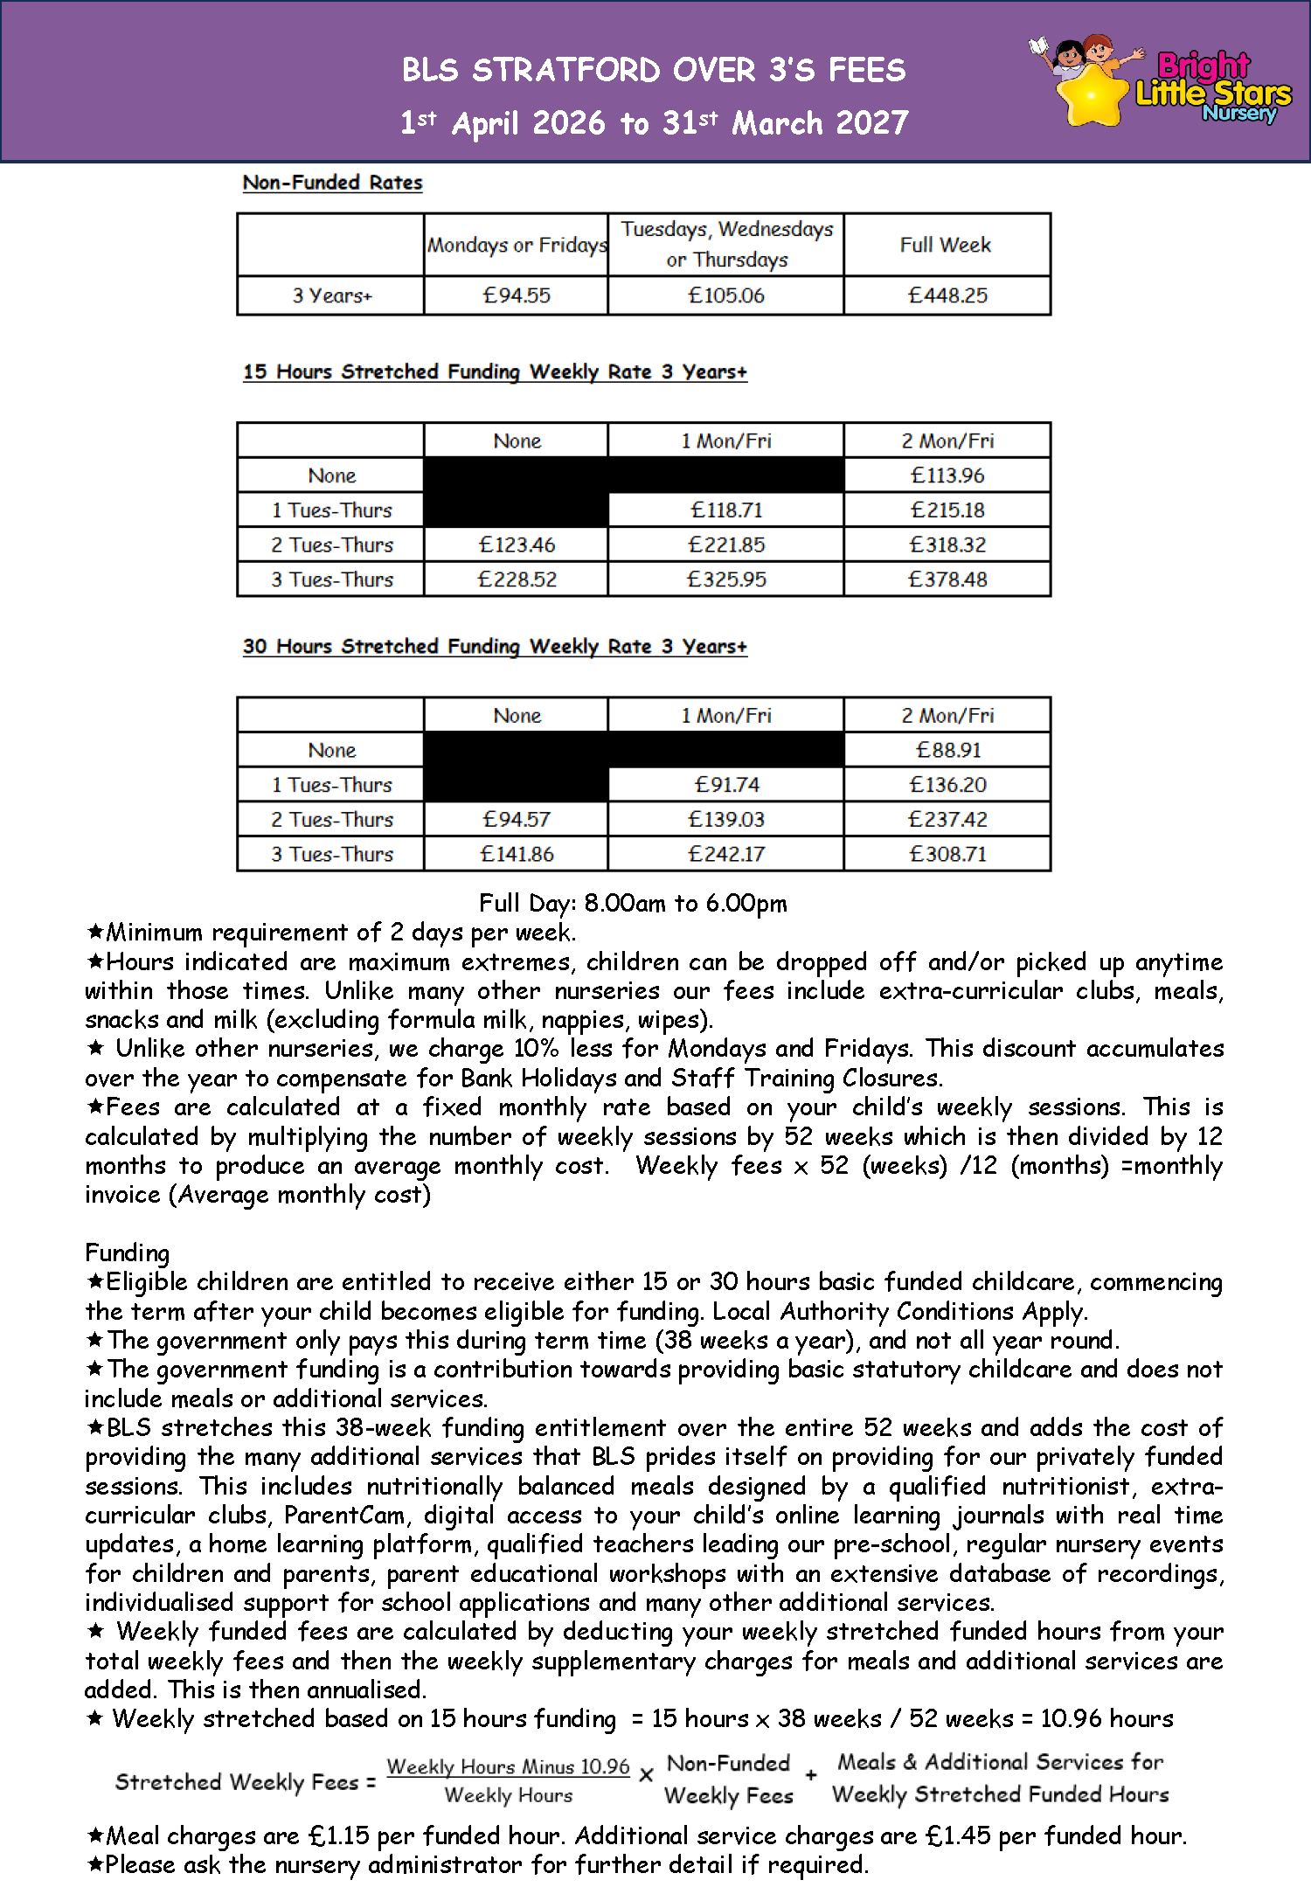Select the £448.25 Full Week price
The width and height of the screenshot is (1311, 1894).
pyautogui.click(x=947, y=295)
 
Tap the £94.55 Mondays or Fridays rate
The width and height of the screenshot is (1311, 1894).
pyautogui.click(x=517, y=295)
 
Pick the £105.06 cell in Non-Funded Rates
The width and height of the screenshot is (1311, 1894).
pyautogui.click(x=726, y=295)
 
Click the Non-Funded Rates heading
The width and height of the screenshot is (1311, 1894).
pyautogui.click(x=332, y=183)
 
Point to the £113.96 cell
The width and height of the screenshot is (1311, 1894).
pyautogui.click(x=947, y=475)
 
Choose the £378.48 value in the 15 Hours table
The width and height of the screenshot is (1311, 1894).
pyautogui.click(x=947, y=579)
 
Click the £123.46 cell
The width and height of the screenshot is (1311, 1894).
pyautogui.click(x=517, y=545)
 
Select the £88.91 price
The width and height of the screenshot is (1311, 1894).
pyautogui.click(x=948, y=750)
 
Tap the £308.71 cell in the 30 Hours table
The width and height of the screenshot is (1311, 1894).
pyautogui.click(x=947, y=854)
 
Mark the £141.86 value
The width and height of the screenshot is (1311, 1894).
pyautogui.click(x=517, y=854)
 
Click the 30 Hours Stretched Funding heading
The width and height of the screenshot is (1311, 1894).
pyautogui.click(x=495, y=647)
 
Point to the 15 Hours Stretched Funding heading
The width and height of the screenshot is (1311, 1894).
pyautogui.click(x=495, y=372)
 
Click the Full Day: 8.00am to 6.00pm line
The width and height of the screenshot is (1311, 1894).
pyautogui.click(x=633, y=903)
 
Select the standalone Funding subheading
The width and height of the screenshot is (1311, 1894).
pyautogui.click(x=127, y=1252)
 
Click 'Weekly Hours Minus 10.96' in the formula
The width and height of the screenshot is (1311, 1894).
pyautogui.click(x=508, y=1766)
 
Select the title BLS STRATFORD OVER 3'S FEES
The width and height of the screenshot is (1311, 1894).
pyautogui.click(x=654, y=70)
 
